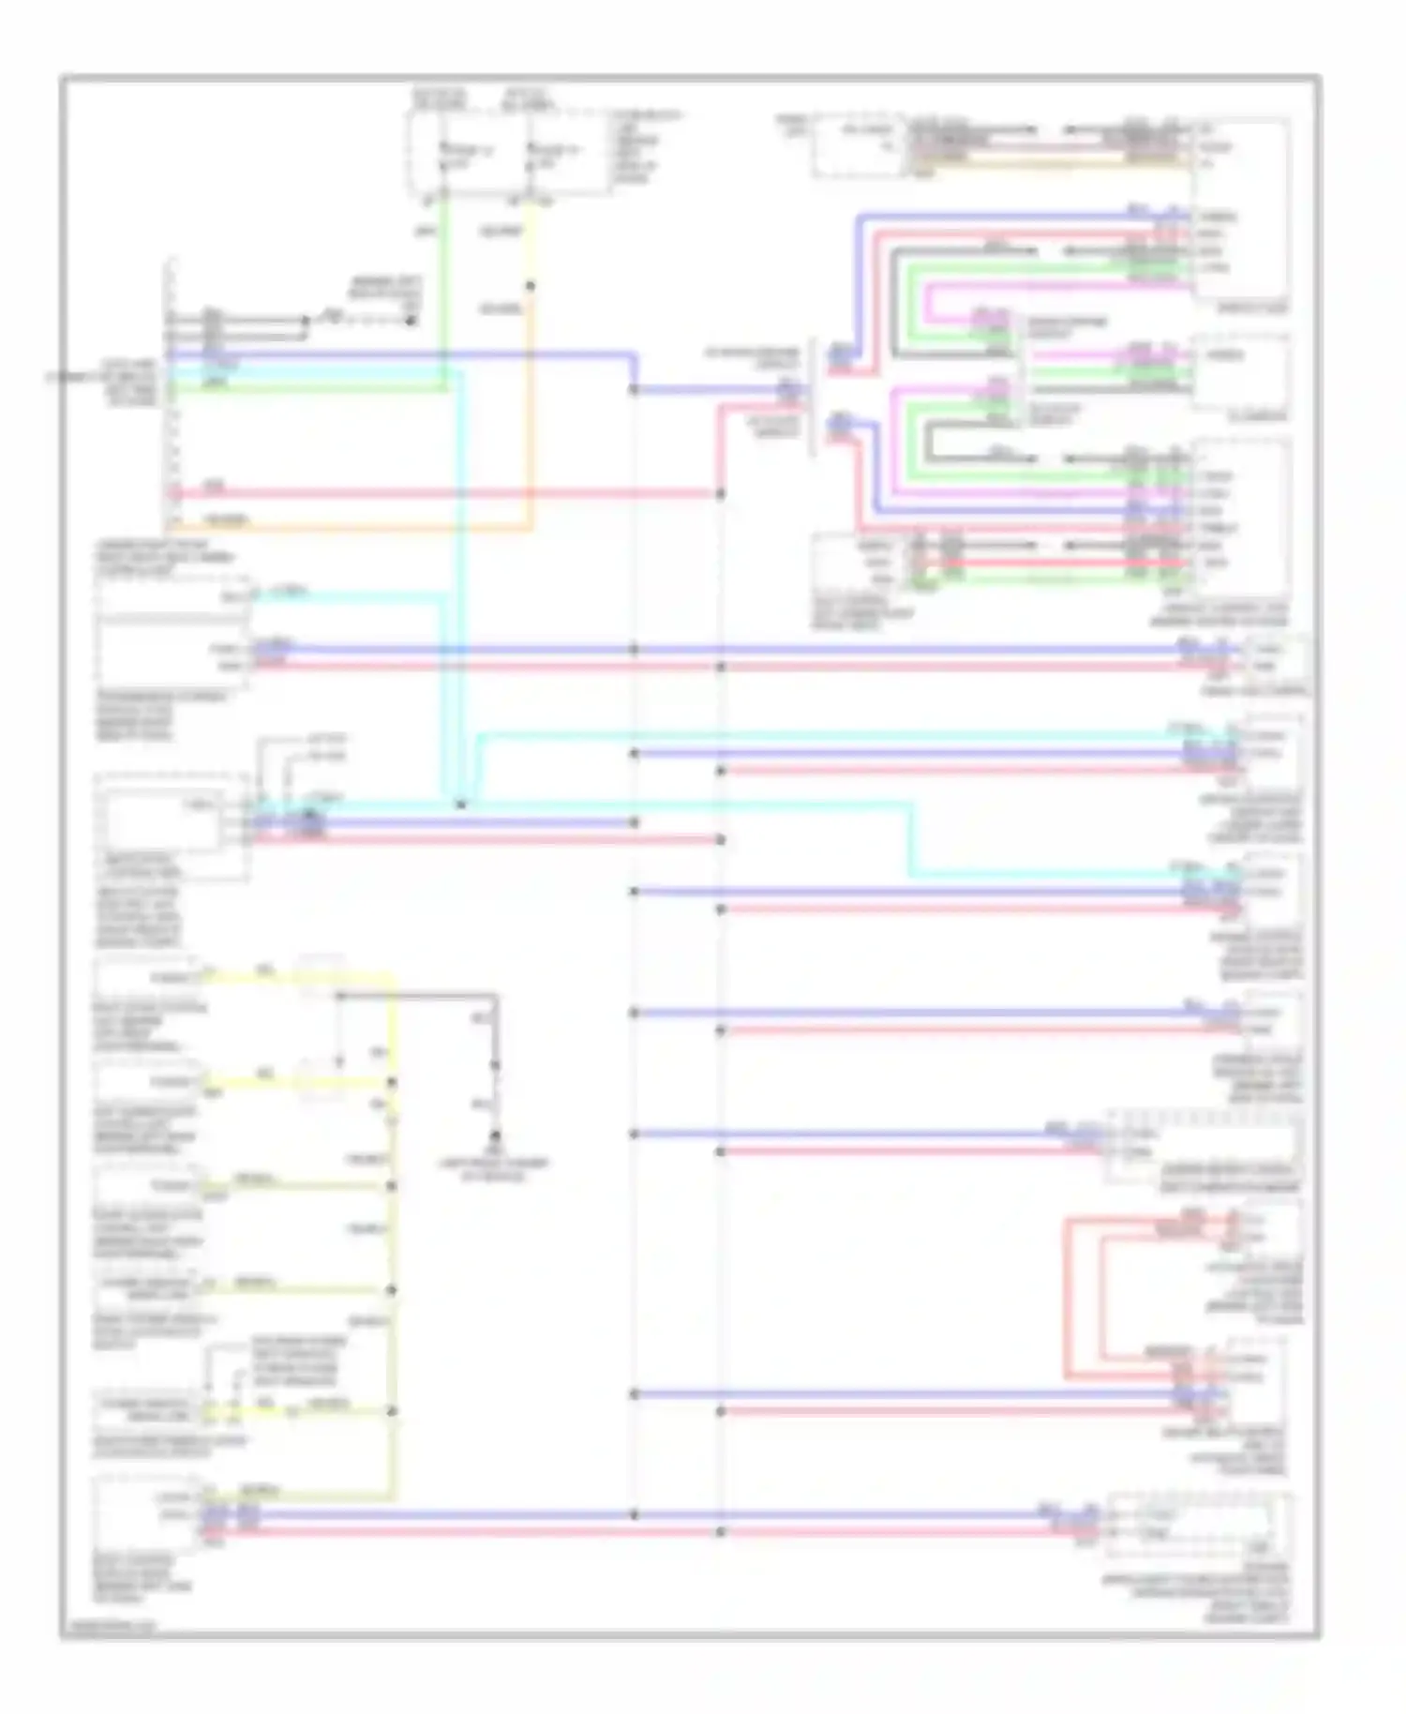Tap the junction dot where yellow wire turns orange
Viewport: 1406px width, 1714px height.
pos(531,286)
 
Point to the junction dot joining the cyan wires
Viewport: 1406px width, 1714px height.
pos(460,804)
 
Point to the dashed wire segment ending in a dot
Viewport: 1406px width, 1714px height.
pos(366,321)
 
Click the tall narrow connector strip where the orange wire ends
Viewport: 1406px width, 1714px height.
pos(172,394)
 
